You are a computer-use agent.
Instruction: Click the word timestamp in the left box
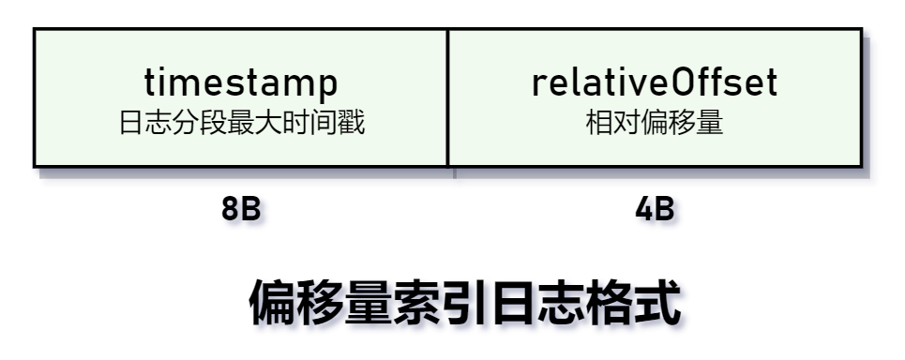(x=240, y=82)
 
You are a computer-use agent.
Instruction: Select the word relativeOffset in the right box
(x=655, y=82)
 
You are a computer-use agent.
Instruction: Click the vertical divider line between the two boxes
(x=447, y=97)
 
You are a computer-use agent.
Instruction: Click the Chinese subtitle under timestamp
(x=241, y=124)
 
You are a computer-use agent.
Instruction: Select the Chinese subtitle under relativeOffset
(x=655, y=124)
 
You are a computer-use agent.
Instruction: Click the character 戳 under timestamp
(x=352, y=124)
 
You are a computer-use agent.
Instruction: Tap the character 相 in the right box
(x=598, y=124)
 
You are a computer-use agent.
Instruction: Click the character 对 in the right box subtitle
(x=626, y=124)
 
